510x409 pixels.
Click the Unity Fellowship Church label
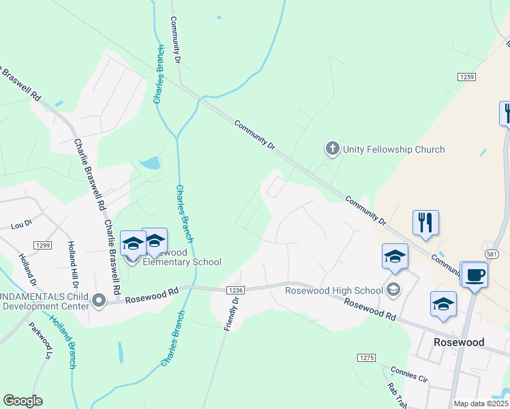click(393, 149)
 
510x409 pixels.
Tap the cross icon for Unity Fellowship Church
click(332, 148)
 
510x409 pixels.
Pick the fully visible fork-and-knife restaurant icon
click(425, 222)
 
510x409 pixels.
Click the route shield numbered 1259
click(466, 77)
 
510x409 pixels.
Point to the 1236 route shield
click(234, 290)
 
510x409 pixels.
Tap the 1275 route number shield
click(367, 357)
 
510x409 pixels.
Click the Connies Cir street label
click(409, 374)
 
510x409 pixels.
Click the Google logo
click(22, 401)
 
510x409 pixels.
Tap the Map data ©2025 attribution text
click(481, 404)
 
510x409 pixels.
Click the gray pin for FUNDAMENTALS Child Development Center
click(100, 300)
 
